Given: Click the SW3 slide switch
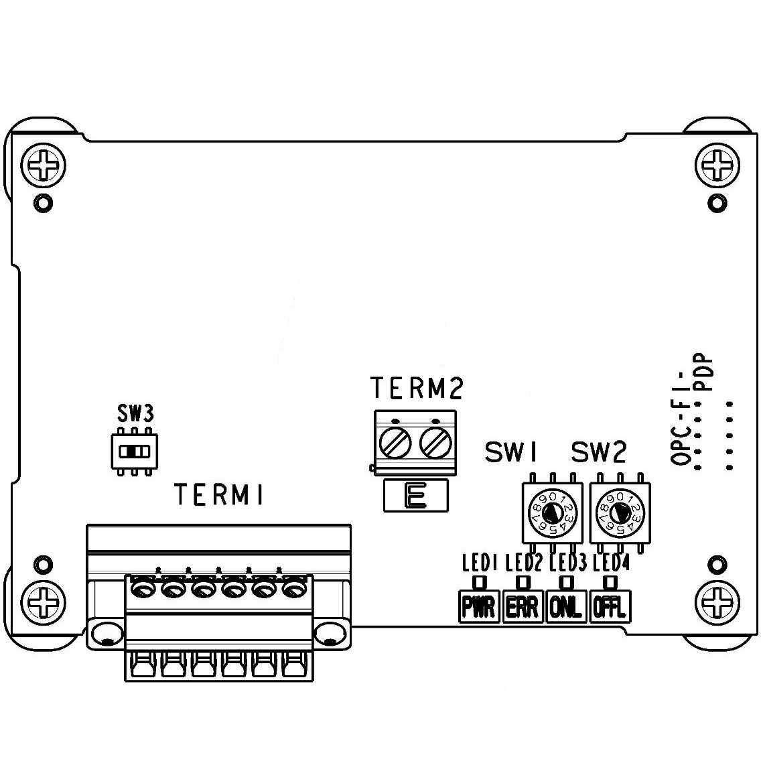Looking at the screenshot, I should click(135, 452).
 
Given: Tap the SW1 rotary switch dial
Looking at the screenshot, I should click(552, 514).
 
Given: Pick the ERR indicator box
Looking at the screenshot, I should click(523, 607).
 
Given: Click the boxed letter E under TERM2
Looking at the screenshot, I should click(416, 497).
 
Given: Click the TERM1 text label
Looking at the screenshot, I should click(219, 495).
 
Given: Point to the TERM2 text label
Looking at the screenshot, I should click(416, 389).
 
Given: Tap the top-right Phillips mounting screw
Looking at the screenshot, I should click(717, 163).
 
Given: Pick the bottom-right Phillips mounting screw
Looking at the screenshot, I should click(717, 599).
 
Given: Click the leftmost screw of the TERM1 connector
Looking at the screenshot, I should click(143, 590).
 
